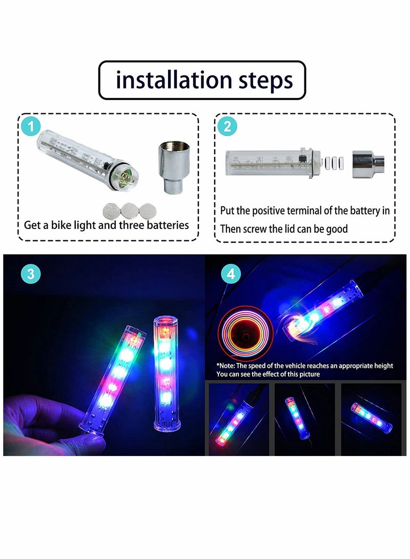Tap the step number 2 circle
click(x=228, y=126)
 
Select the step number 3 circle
click(x=31, y=273)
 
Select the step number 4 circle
click(x=231, y=273)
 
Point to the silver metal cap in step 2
click(x=368, y=163)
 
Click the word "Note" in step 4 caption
click(x=229, y=366)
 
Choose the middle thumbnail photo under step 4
click(x=305, y=419)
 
